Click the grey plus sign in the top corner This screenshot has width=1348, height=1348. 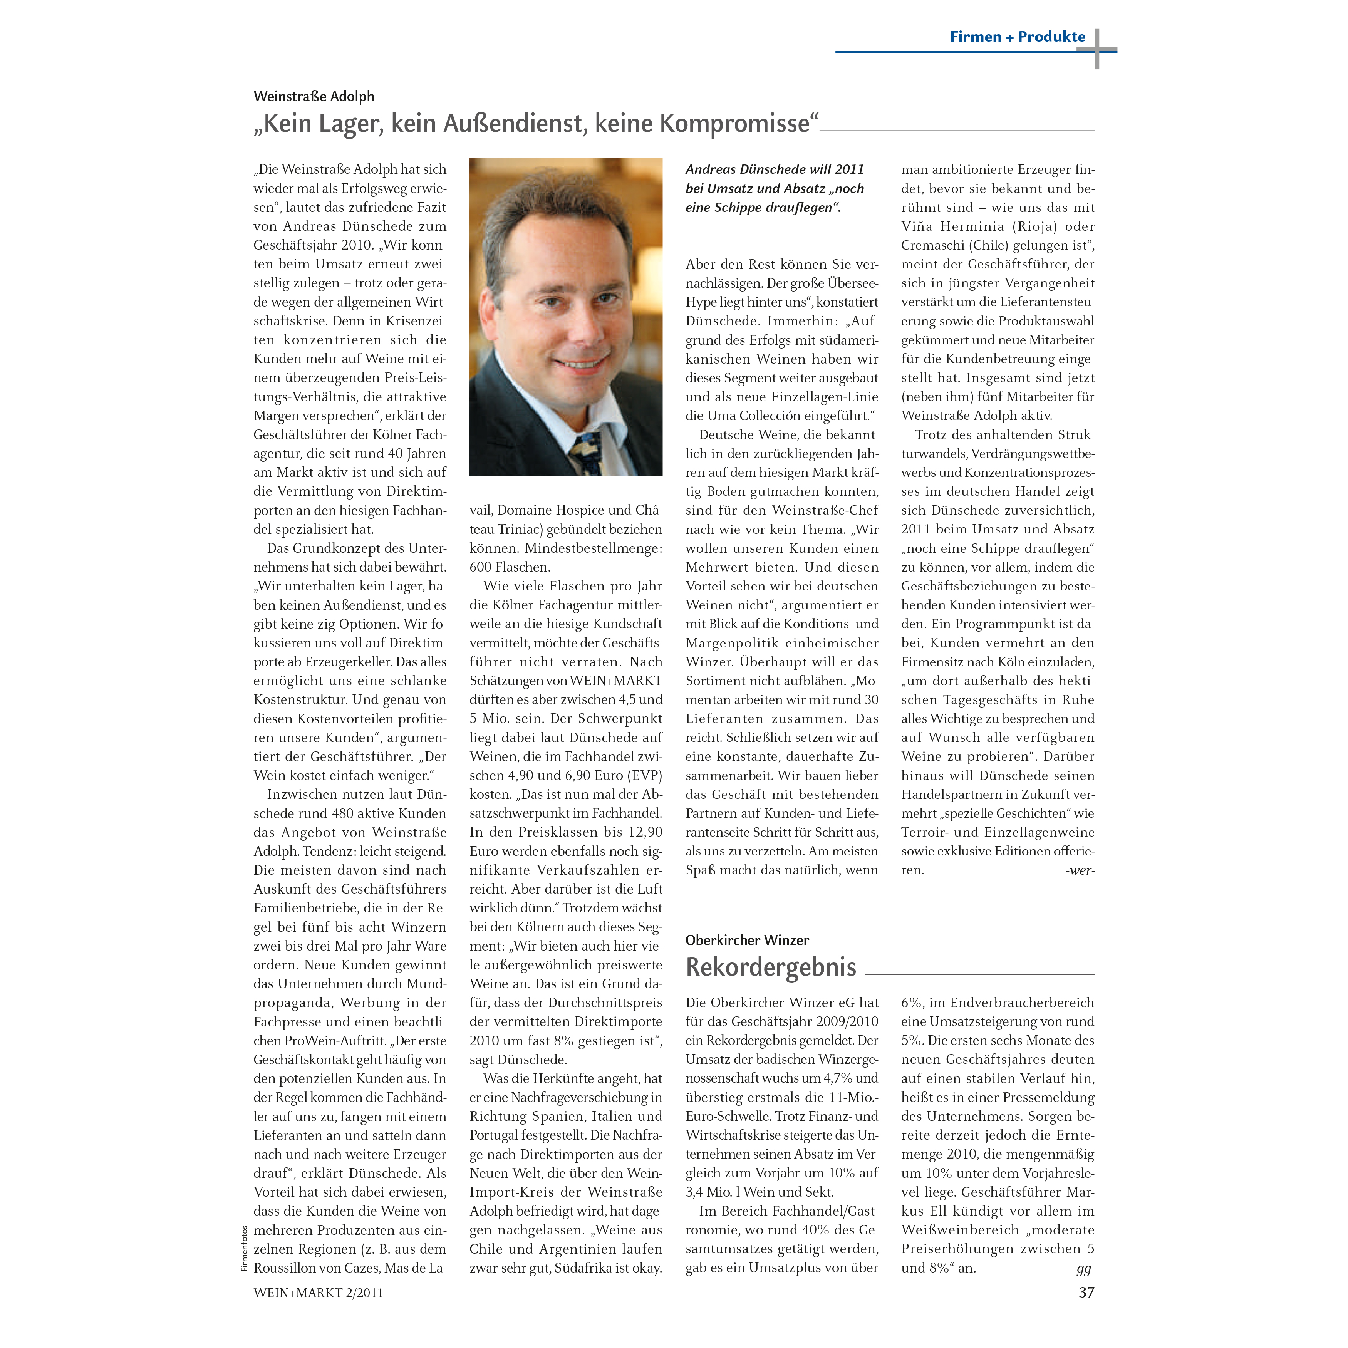pos(1097,49)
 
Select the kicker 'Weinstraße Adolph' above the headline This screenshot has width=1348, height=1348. pos(314,96)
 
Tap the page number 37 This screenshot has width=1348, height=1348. pos(1086,1292)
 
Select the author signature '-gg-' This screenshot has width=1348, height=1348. pos(1083,1268)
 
